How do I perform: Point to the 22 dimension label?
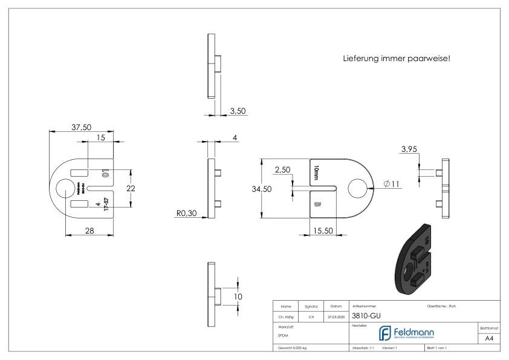130,188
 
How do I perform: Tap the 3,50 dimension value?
238,111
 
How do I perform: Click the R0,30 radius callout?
186,213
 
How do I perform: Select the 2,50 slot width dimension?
282,171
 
